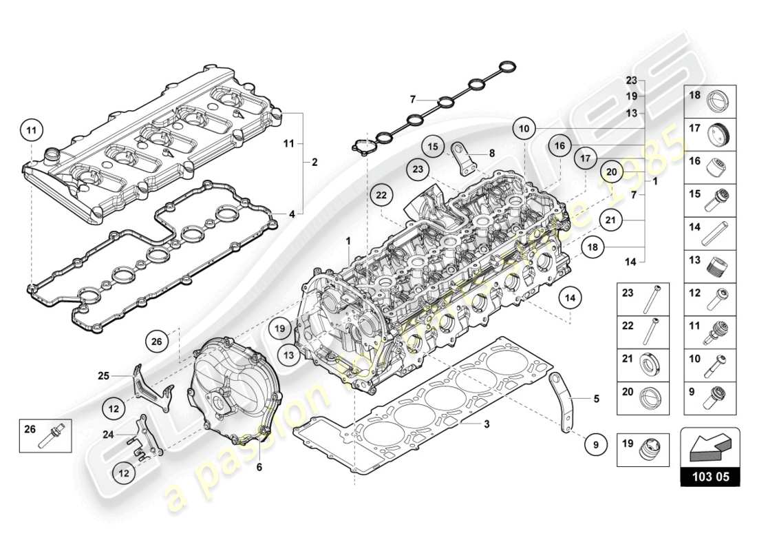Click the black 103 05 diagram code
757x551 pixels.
[710, 476]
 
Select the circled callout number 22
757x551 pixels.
[381, 196]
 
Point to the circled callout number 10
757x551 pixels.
[524, 128]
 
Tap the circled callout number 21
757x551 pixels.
[610, 220]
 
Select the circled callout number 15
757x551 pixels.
[434, 146]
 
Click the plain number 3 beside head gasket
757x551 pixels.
[486, 424]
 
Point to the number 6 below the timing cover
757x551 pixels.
[259, 467]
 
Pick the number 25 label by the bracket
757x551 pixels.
[104, 376]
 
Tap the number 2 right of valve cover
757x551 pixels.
[314, 163]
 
